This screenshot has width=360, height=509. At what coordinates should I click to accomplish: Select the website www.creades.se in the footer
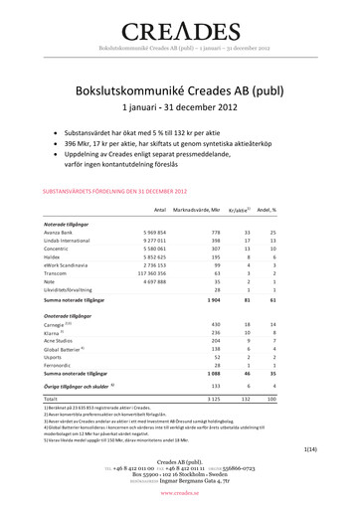[x=180, y=492]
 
